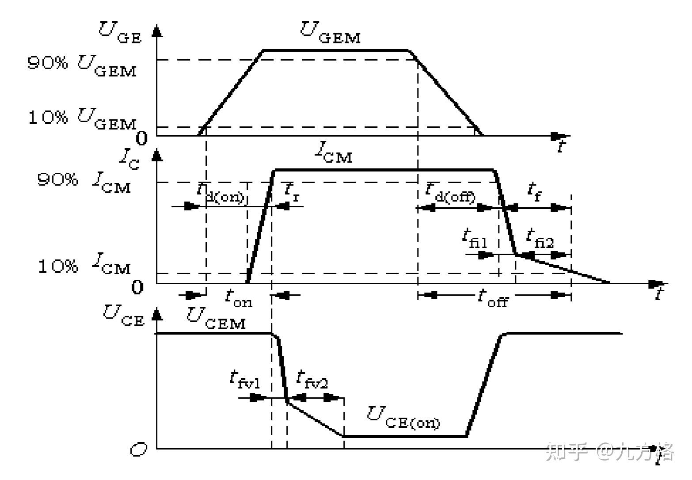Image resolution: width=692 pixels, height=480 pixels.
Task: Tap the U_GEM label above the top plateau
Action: tap(331, 32)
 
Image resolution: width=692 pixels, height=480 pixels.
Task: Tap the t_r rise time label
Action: tap(292, 191)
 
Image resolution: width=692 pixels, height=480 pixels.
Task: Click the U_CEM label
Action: tap(216, 318)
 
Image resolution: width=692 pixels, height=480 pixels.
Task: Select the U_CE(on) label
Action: tap(403, 418)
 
